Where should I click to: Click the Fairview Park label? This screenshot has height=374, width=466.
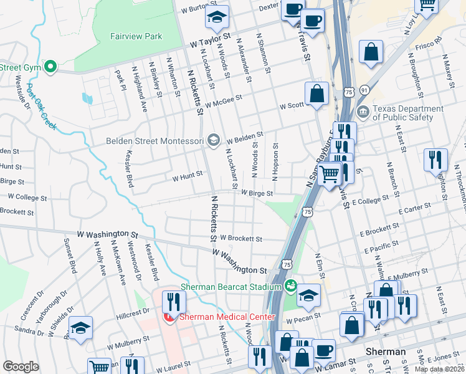(x=136, y=36)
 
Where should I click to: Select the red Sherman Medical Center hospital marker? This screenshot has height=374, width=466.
(x=169, y=317)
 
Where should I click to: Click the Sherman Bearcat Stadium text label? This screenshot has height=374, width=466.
(x=231, y=287)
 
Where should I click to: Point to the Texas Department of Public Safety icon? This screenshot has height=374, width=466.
(x=363, y=113)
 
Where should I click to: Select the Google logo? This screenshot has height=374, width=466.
(x=21, y=367)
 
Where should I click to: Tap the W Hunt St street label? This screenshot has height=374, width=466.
(x=188, y=176)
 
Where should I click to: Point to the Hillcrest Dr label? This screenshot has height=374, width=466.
(x=137, y=310)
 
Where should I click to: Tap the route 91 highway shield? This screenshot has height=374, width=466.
(x=364, y=91)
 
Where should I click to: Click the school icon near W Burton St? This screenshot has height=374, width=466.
(x=217, y=17)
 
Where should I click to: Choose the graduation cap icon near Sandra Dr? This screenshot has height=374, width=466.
(x=80, y=328)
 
